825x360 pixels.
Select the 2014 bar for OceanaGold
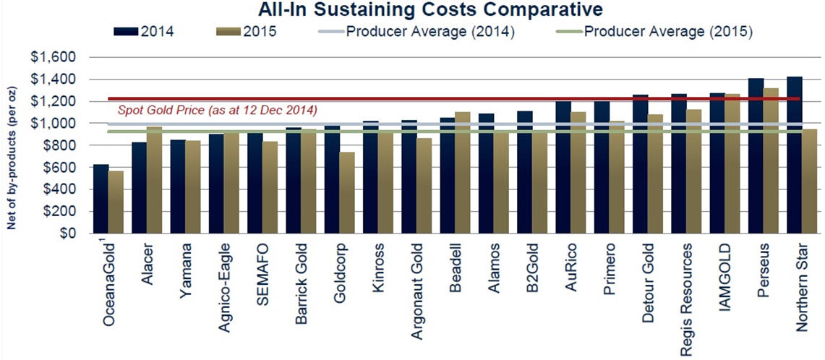pyautogui.click(x=101, y=200)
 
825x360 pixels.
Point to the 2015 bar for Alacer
pyautogui.click(x=155, y=181)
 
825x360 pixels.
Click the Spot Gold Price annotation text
pyautogui.click(x=217, y=110)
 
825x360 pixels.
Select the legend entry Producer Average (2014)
pyautogui.click(x=430, y=32)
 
